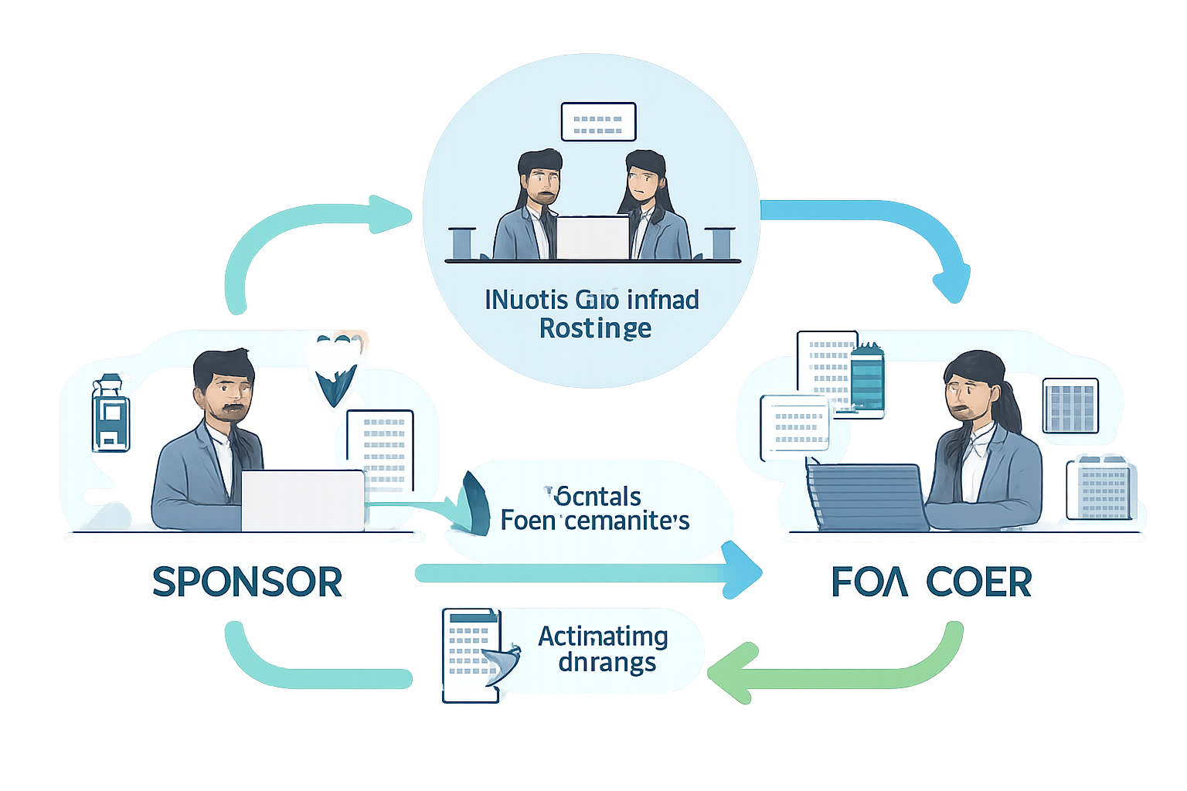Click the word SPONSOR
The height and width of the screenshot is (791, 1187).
(247, 582)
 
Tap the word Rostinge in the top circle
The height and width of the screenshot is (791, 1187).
(595, 328)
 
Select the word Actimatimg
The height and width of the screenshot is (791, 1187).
(603, 637)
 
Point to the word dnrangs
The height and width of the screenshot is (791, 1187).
(607, 663)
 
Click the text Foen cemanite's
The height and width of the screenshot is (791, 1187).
(594, 520)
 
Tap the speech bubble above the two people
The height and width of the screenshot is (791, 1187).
(598, 122)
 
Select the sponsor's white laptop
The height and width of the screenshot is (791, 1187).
(302, 501)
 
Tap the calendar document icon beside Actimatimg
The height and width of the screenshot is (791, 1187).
(470, 655)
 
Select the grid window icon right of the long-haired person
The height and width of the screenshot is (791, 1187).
(1070, 406)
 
